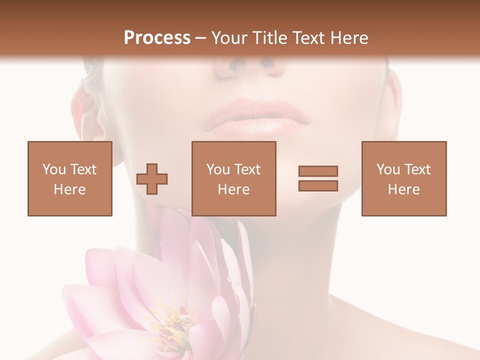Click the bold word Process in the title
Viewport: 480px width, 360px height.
(157, 38)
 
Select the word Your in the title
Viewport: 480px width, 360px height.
(229, 38)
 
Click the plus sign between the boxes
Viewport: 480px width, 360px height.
(152, 179)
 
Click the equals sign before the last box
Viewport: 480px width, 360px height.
(318, 178)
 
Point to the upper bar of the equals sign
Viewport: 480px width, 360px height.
(318, 171)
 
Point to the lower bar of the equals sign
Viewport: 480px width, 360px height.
(318, 185)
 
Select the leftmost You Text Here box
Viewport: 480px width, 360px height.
(69, 178)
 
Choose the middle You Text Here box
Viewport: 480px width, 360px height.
(233, 178)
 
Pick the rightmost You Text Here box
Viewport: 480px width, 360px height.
(403, 178)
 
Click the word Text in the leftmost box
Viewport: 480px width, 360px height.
(82, 169)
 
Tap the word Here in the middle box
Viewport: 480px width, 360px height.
(233, 189)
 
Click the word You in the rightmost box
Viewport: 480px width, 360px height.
(388, 169)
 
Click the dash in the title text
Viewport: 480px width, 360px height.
(200, 38)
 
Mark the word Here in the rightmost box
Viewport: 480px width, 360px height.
(403, 189)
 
